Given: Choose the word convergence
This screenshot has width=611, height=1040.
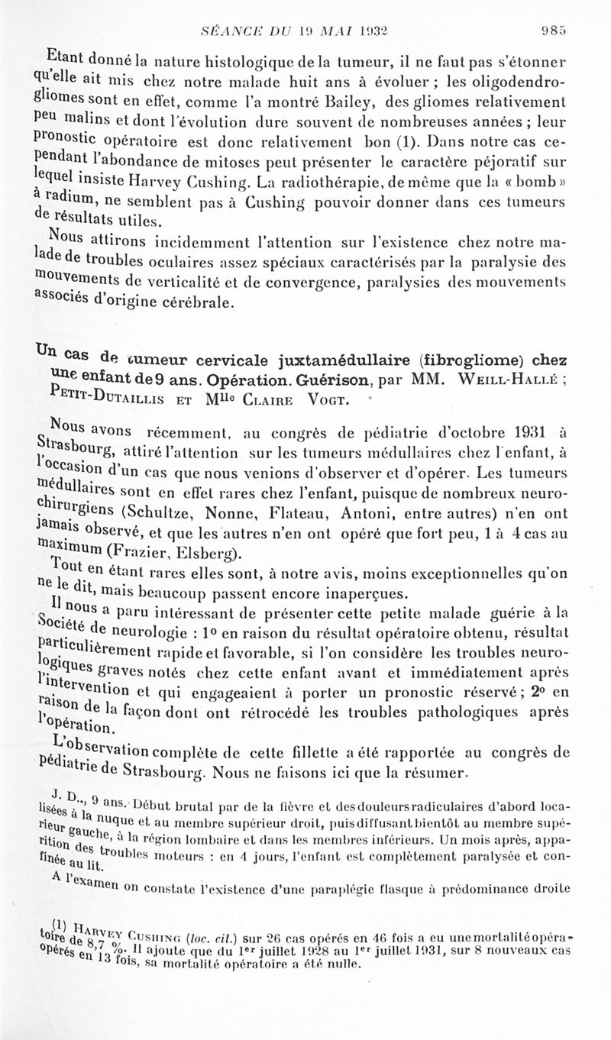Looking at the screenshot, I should pyautogui.click(x=296, y=282).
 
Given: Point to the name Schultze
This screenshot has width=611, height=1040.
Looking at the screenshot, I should pyautogui.click(x=160, y=510).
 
